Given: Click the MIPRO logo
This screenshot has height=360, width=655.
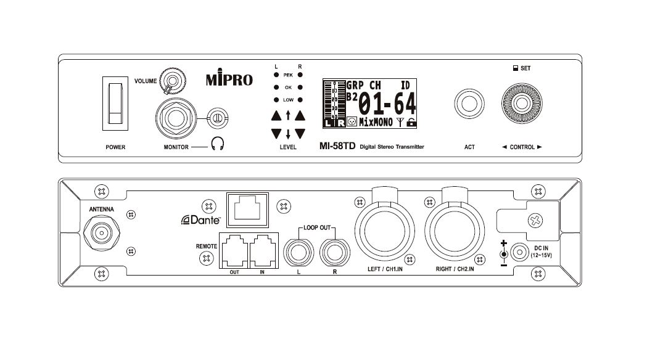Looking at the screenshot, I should point(228,80).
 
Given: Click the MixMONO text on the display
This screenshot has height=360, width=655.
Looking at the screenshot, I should point(376,121).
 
